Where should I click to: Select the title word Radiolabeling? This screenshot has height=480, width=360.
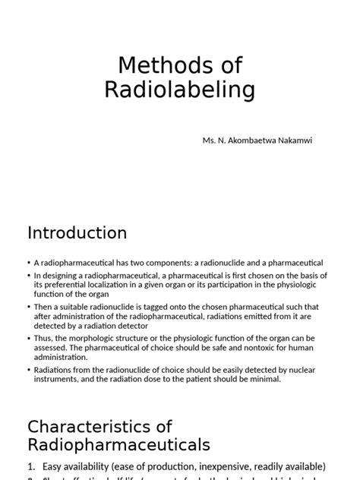click(x=179, y=90)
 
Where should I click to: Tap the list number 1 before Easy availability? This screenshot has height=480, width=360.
click(x=30, y=466)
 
